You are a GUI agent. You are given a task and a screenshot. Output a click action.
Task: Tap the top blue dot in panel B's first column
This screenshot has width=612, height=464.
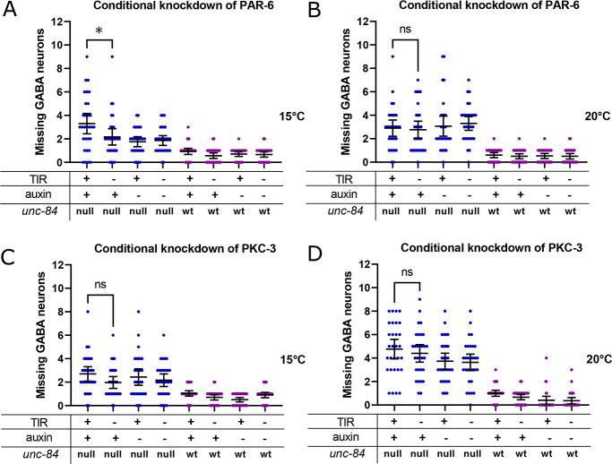click(392, 56)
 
